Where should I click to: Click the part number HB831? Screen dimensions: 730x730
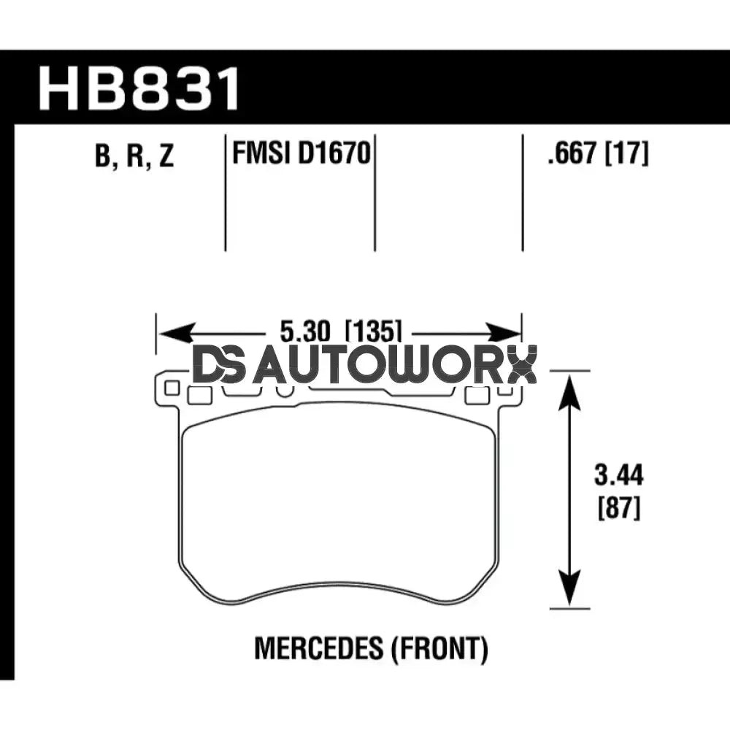[139, 88]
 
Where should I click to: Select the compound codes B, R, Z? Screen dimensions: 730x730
[134, 156]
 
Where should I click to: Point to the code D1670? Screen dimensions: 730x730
[334, 154]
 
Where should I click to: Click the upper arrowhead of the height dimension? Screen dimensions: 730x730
[569, 387]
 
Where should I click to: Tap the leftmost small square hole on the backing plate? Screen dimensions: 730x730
[172, 388]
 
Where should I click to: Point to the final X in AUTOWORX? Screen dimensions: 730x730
[521, 366]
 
